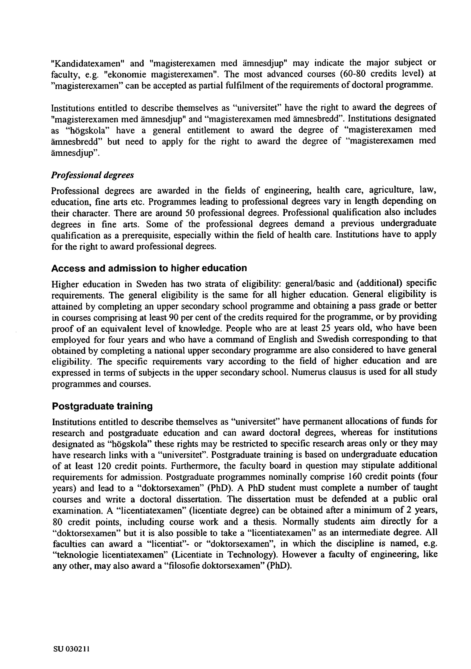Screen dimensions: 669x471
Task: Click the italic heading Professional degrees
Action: point(92,175)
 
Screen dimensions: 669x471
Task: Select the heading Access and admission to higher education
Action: point(149,268)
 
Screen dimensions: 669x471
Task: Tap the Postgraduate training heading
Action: point(102,406)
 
